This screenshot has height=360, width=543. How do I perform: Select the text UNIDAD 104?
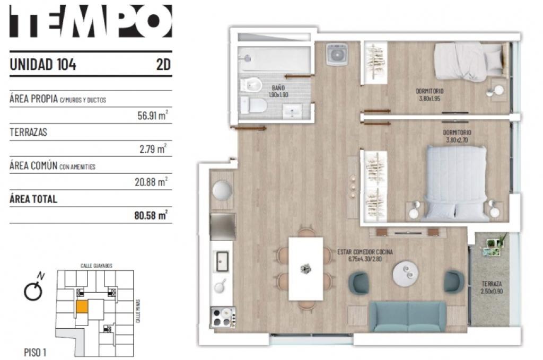pyautogui.click(x=43, y=65)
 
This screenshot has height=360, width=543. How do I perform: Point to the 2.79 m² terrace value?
pyautogui.click(x=154, y=149)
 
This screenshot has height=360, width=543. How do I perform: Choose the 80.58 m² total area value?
pyautogui.click(x=152, y=215)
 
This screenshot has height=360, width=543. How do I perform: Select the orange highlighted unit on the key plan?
pyautogui.click(x=82, y=306)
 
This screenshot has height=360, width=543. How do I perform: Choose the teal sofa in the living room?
pyautogui.click(x=408, y=317)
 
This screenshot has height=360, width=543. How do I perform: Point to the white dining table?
pyautogui.click(x=305, y=268)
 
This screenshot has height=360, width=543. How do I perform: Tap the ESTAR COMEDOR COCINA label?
pyautogui.click(x=365, y=252)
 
